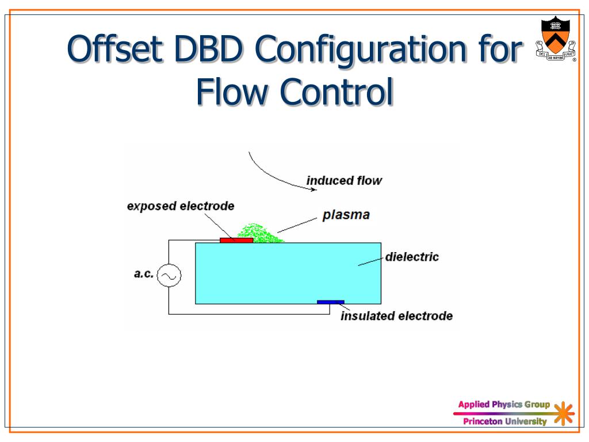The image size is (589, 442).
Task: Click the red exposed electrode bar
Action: point(236,241)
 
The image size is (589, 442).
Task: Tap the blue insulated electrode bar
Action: point(330,302)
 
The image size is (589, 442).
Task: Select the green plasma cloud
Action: point(259,233)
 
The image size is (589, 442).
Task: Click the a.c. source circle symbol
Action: point(169,276)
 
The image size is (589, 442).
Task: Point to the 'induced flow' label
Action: point(344,181)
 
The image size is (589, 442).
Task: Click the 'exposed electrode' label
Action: point(181,206)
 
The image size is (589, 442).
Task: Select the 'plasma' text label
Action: point(346,216)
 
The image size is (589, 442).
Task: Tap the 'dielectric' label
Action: point(412,257)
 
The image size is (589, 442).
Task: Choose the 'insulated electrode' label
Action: point(397,316)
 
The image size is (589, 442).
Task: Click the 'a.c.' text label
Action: point(144,274)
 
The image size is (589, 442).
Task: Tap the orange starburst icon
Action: point(564,414)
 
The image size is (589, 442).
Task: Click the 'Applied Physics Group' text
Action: point(504,405)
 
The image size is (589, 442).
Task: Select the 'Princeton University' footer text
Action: point(505,422)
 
